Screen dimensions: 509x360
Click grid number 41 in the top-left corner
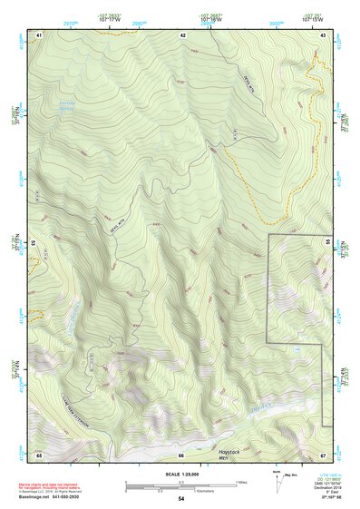tap(39, 34)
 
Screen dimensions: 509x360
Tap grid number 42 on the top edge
tap(182, 34)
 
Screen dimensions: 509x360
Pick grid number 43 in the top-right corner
tap(324, 34)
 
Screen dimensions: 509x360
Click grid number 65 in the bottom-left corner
tap(39, 454)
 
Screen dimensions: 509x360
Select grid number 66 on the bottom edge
tap(180, 454)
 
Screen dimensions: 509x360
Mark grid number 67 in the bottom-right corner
tap(324, 454)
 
